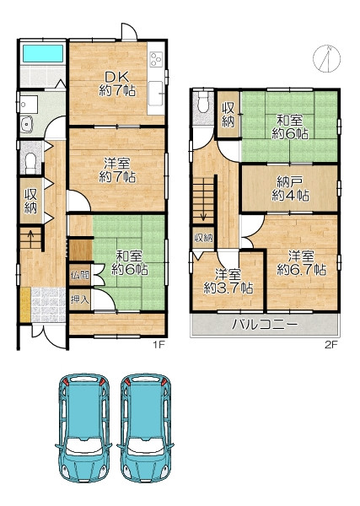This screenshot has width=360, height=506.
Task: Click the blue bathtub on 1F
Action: coord(43,53)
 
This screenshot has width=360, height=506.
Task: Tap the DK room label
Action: coord(117,84)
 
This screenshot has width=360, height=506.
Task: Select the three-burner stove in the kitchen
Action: coord(156,58)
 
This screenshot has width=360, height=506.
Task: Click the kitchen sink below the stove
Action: coord(156,94)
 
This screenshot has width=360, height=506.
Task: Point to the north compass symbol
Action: coord(327,59)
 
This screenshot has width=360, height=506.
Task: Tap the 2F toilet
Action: coord(203,102)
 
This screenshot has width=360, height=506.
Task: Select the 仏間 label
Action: coord(80,275)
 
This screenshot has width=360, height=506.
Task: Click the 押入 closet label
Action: coord(80,299)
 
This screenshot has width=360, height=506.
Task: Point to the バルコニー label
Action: coord(266,325)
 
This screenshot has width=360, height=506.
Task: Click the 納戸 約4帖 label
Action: coord(290,189)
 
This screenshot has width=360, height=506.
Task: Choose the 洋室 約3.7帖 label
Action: coord(228,282)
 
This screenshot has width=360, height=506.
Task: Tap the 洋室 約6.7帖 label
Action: coord(302,263)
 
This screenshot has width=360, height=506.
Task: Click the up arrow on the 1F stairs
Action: coord(30,238)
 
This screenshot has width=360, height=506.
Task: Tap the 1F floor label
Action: coord(159,345)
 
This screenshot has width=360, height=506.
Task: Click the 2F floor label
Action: coord(331,345)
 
